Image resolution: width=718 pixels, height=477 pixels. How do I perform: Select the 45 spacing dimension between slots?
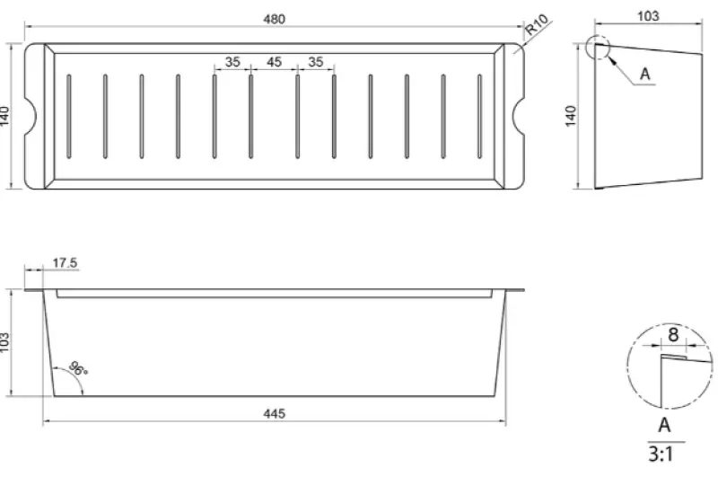tap(274, 62)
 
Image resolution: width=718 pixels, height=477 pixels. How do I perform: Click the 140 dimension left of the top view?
tap(7, 115)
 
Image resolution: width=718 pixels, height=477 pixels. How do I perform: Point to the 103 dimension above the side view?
tap(648, 16)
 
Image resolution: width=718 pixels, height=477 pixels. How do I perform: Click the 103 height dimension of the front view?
tap(7, 341)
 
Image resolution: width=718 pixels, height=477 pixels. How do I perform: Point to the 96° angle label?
tap(78, 369)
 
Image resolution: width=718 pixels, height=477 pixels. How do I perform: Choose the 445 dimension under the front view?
tap(275, 413)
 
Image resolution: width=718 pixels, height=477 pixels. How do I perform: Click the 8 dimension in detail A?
tap(672, 339)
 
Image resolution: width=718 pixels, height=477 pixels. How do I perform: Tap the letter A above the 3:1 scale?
tap(665, 425)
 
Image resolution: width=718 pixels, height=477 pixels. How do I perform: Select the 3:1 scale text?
tap(665, 455)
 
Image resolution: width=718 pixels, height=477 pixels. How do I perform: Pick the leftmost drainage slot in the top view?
tap(69, 115)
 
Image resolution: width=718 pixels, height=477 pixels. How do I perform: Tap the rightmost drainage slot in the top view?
tap(479, 115)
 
